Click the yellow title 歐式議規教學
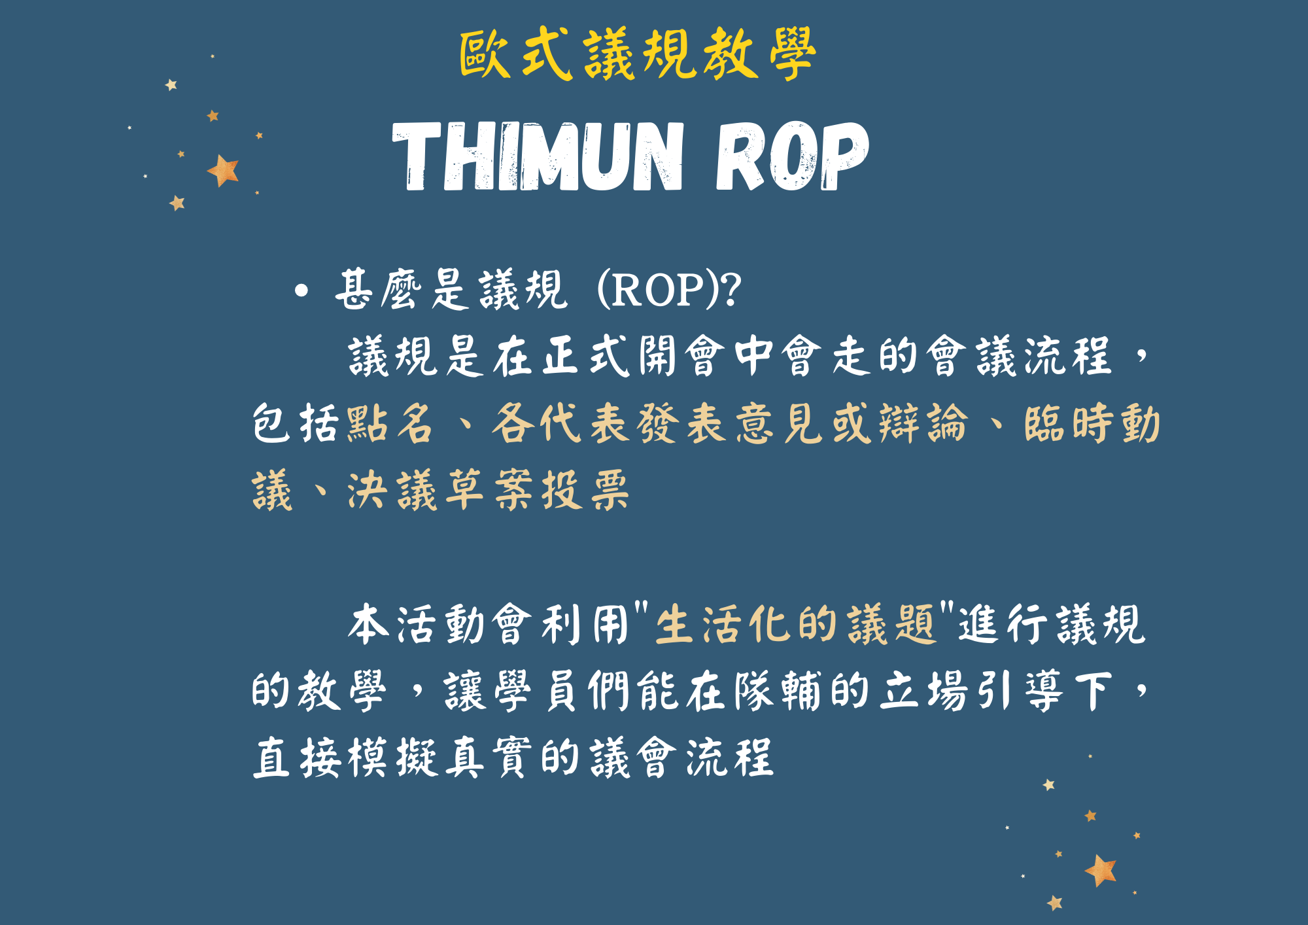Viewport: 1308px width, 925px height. [x=638, y=54]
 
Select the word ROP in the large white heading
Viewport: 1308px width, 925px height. [x=792, y=157]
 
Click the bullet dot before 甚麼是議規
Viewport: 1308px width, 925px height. [x=301, y=290]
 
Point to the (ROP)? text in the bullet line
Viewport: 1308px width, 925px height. [x=669, y=290]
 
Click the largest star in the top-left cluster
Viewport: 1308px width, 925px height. [x=223, y=170]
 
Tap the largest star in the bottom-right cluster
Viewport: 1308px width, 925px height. [x=1101, y=870]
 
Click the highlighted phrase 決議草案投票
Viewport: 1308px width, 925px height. [x=488, y=490]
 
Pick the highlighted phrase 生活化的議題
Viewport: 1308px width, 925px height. [x=795, y=624]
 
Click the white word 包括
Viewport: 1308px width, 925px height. [x=295, y=423]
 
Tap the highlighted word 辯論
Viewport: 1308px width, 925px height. [x=923, y=423]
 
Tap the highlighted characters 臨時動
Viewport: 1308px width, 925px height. [x=1092, y=423]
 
